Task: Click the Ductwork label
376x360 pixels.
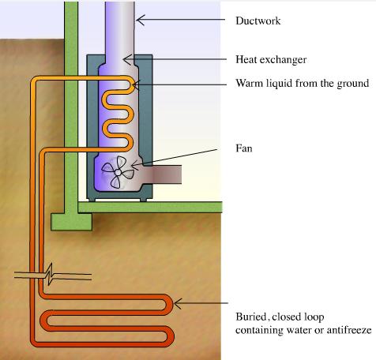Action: point(258,21)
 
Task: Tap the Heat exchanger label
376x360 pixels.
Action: point(271,59)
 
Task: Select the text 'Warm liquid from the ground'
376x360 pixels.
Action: point(303,83)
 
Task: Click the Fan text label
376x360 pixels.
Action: point(244,148)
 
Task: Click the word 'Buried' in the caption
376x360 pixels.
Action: point(250,317)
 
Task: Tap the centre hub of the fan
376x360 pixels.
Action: point(118,172)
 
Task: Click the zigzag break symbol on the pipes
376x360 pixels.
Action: point(50,274)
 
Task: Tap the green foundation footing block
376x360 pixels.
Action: point(71,222)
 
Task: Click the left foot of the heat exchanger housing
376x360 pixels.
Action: point(92,200)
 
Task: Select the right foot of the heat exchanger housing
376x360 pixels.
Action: point(143,200)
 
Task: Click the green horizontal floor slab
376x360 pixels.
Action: point(150,207)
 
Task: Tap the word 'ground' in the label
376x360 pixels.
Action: point(353,84)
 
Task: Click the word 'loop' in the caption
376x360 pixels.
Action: point(314,317)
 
